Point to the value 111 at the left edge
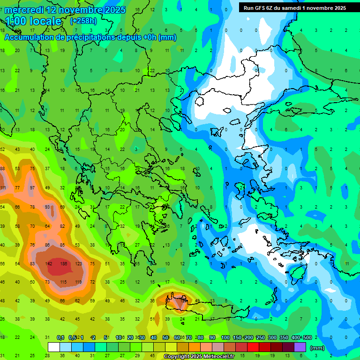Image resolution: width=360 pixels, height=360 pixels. point(3,188)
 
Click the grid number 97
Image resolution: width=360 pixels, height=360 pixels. point(32,188)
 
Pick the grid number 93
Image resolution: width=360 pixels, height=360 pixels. point(47,207)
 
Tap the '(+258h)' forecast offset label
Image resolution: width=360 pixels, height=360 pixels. point(83,21)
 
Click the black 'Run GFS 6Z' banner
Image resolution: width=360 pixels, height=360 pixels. point(294,8)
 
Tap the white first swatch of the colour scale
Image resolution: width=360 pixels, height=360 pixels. point(54,347)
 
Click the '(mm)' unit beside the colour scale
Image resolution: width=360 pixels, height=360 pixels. point(317,348)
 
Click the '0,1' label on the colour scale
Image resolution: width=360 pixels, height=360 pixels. point(60,337)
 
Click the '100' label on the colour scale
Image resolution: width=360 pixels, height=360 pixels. point(225,337)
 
